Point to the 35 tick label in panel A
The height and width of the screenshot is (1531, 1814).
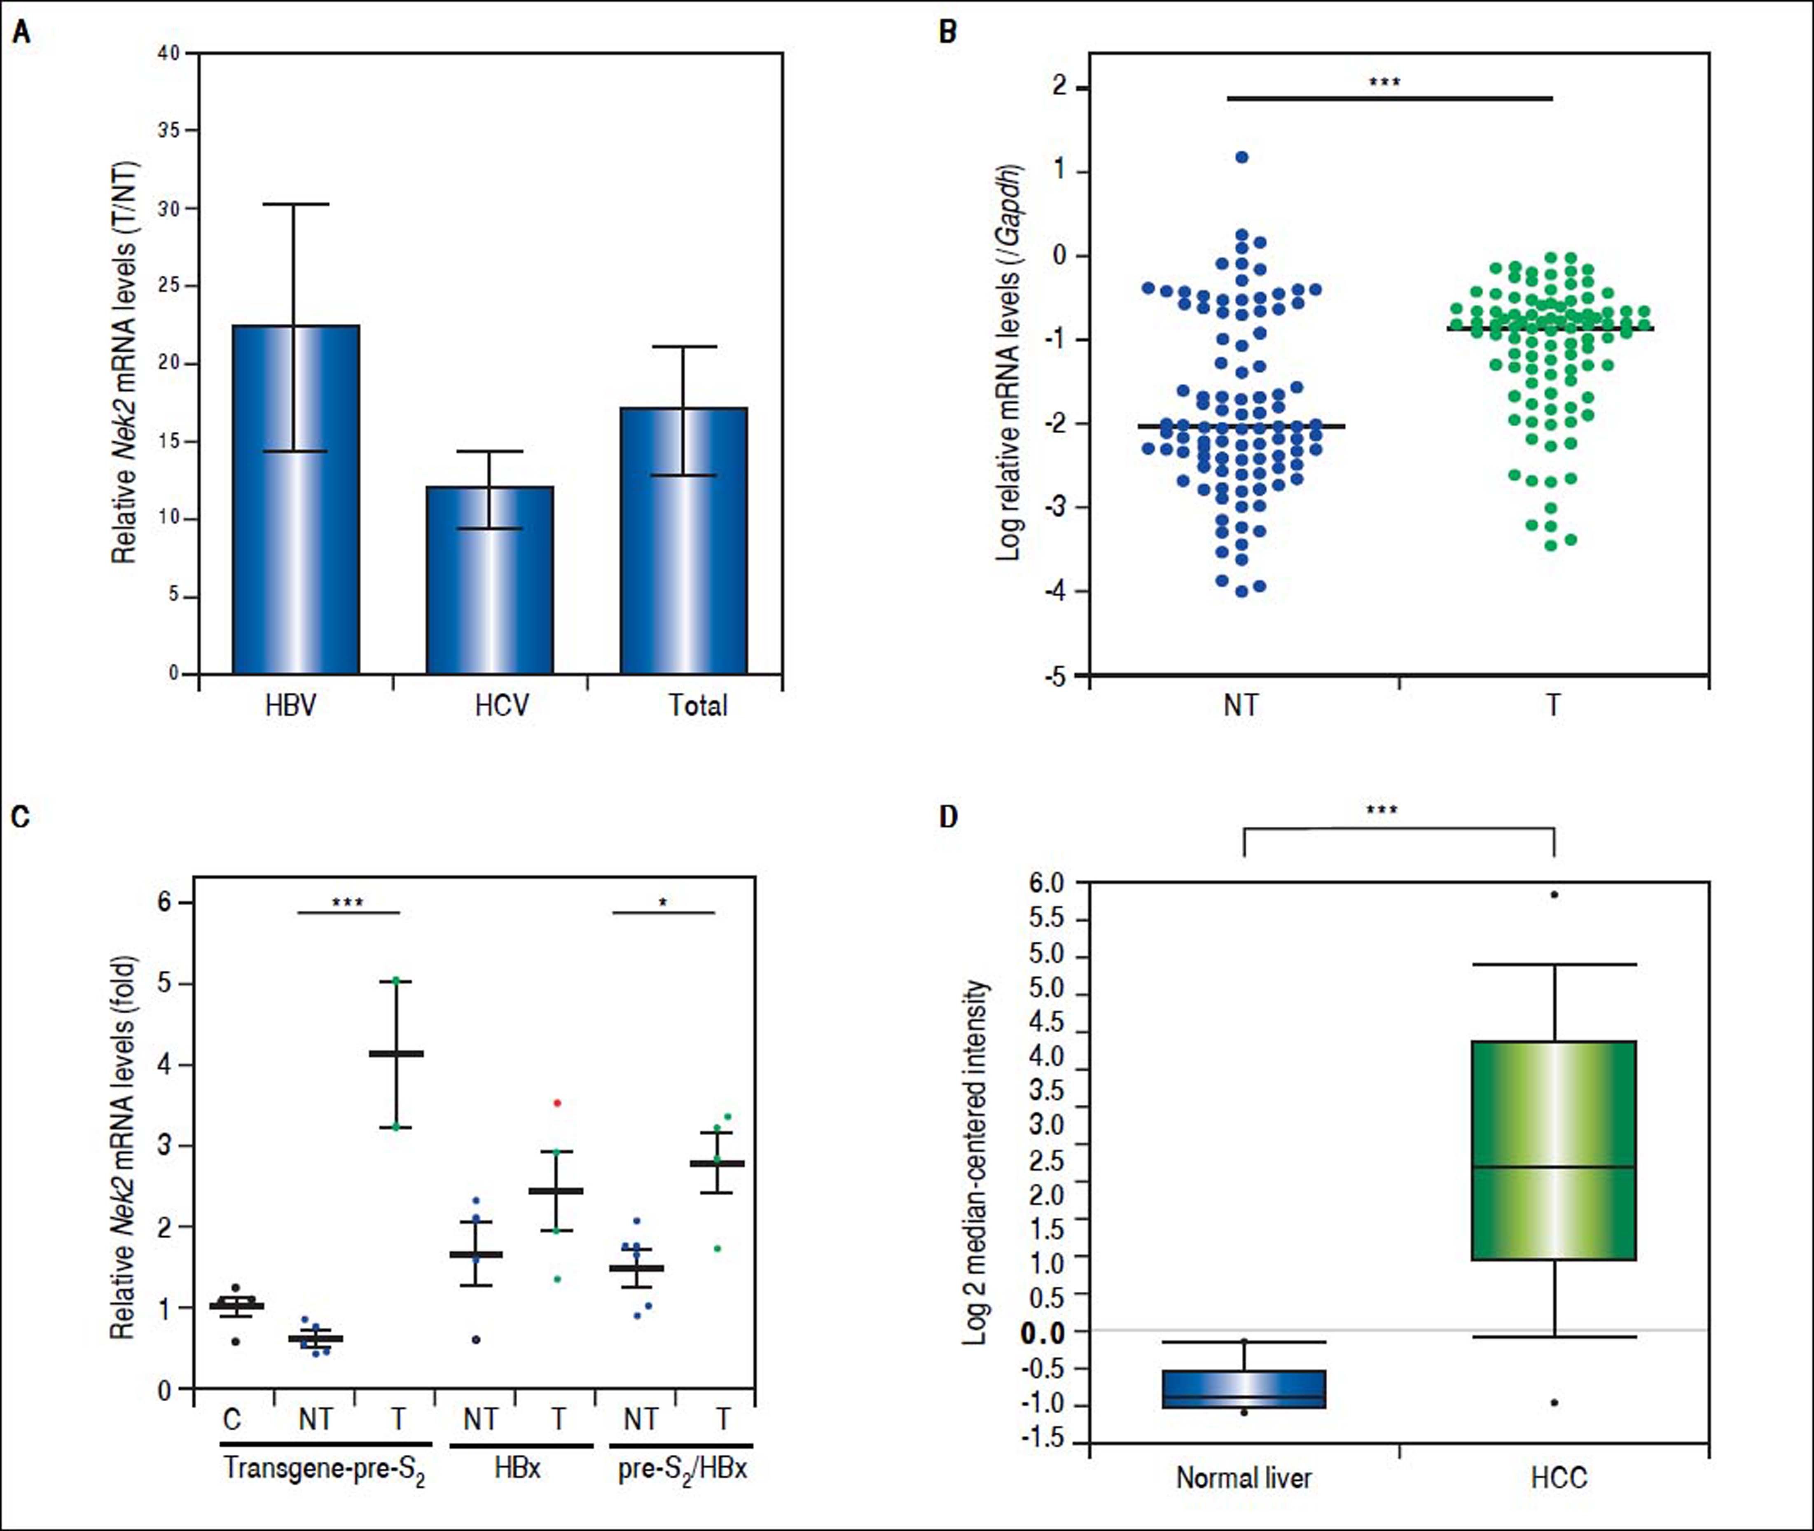(169, 130)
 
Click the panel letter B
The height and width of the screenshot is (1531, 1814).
(949, 33)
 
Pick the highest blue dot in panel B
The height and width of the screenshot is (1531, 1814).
(1242, 157)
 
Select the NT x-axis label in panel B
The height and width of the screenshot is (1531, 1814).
(1241, 705)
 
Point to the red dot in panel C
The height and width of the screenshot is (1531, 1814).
(557, 1103)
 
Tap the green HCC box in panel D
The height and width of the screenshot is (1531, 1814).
(1554, 1150)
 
